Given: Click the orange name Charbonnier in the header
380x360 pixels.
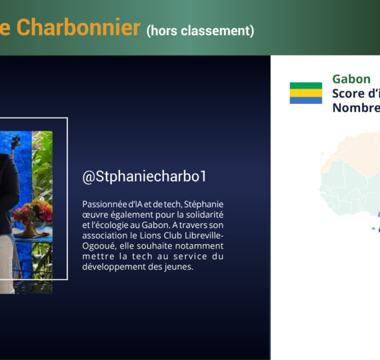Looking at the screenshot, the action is coord(79,27).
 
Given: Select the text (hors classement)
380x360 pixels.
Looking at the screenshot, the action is coord(200,31).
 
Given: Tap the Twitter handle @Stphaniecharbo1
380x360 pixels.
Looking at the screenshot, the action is coord(144,176).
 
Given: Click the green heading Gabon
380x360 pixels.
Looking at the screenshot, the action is coord(351,79).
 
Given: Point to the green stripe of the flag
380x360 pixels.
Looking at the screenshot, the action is coord(306,85).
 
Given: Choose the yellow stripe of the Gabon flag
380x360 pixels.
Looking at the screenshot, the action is coord(306,93).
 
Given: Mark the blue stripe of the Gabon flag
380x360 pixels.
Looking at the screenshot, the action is coord(306,101).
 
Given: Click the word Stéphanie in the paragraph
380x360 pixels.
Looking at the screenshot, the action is coord(203,205).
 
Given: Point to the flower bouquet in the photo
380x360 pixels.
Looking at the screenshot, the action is coord(33,211).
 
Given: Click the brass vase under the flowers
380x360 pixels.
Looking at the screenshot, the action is coord(29,229).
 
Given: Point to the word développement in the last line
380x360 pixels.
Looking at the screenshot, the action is coord(114,267).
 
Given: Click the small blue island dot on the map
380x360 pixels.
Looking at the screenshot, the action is coord(373,229).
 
